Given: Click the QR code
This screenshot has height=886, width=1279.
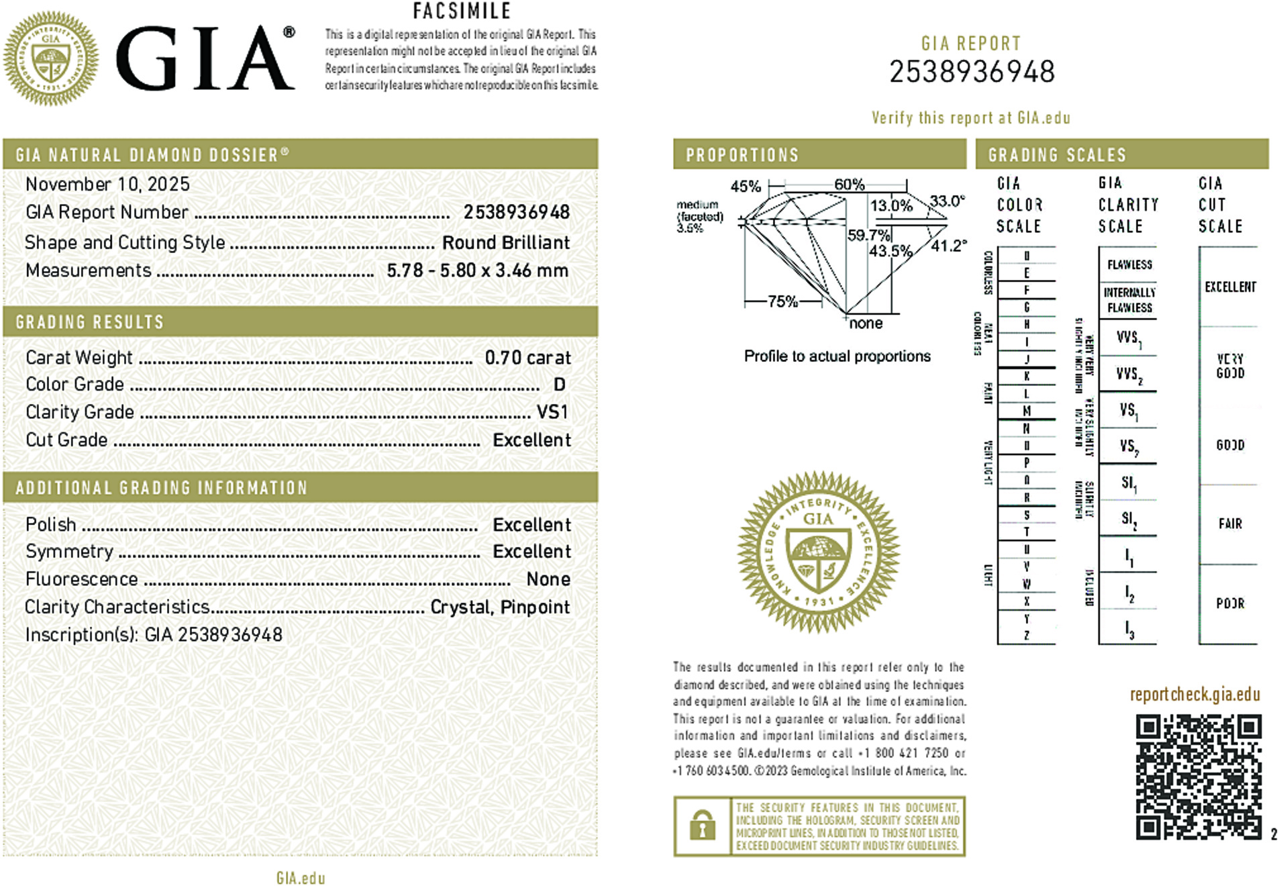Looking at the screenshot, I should click(x=1198, y=777).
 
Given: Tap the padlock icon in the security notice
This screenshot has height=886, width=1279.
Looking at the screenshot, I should click(x=702, y=826).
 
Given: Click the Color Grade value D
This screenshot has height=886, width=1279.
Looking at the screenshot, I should click(x=559, y=385).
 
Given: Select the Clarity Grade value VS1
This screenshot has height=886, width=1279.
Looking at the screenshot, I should click(x=552, y=412).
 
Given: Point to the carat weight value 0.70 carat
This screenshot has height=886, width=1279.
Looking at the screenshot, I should click(x=527, y=358).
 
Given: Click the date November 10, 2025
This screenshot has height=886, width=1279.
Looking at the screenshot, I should click(x=107, y=184).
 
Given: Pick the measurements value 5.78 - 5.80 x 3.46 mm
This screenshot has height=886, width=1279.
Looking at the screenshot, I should click(x=477, y=270).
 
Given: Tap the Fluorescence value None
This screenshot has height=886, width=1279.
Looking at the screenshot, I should click(x=548, y=579).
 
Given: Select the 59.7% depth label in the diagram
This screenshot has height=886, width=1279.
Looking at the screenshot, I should click(x=868, y=235).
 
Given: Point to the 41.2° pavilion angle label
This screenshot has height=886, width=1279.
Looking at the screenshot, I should click(x=949, y=246).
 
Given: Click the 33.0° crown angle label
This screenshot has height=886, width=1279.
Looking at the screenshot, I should click(x=947, y=201).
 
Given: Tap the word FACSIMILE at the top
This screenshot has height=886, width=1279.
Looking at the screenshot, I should click(x=462, y=11).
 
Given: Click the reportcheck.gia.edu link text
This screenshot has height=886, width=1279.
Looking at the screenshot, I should click(x=1194, y=694).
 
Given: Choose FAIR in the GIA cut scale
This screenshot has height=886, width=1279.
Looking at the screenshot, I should click(x=1230, y=524).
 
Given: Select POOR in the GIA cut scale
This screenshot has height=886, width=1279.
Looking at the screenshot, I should click(x=1230, y=603).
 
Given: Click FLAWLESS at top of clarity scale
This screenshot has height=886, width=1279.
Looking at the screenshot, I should click(x=1129, y=264).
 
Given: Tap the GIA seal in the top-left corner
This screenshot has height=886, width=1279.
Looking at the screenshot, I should click(x=51, y=58).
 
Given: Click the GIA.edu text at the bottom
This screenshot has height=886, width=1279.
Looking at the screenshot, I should click(x=300, y=878).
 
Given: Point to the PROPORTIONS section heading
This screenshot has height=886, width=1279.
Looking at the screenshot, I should click(x=742, y=155).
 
